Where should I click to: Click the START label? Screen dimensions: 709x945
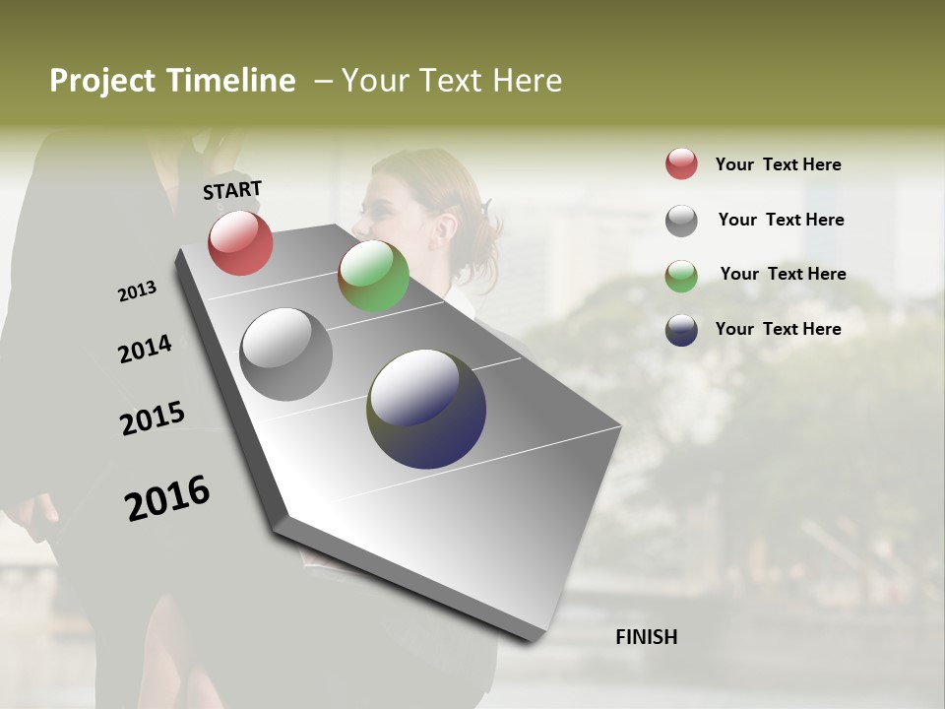232,190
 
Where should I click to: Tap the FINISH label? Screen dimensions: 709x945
647,637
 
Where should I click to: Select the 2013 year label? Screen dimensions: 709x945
137,291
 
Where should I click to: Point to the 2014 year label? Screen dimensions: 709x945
145,350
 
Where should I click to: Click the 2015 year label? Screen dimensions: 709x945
153,419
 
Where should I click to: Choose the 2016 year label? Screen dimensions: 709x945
167,498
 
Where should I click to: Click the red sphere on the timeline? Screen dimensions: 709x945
240,242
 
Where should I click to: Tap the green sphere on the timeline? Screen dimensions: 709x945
373,276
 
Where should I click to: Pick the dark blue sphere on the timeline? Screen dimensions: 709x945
426,409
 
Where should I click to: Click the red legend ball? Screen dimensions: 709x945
681,164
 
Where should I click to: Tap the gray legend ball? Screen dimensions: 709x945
681,221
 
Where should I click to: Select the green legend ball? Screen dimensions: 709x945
681,276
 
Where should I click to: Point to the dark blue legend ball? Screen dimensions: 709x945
681,330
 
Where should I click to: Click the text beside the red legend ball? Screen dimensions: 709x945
778,164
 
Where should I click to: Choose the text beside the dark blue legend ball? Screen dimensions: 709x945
778,329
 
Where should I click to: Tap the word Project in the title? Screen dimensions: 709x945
101,81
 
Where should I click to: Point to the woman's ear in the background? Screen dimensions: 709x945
445,227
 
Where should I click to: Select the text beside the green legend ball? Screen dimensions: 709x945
783,274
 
